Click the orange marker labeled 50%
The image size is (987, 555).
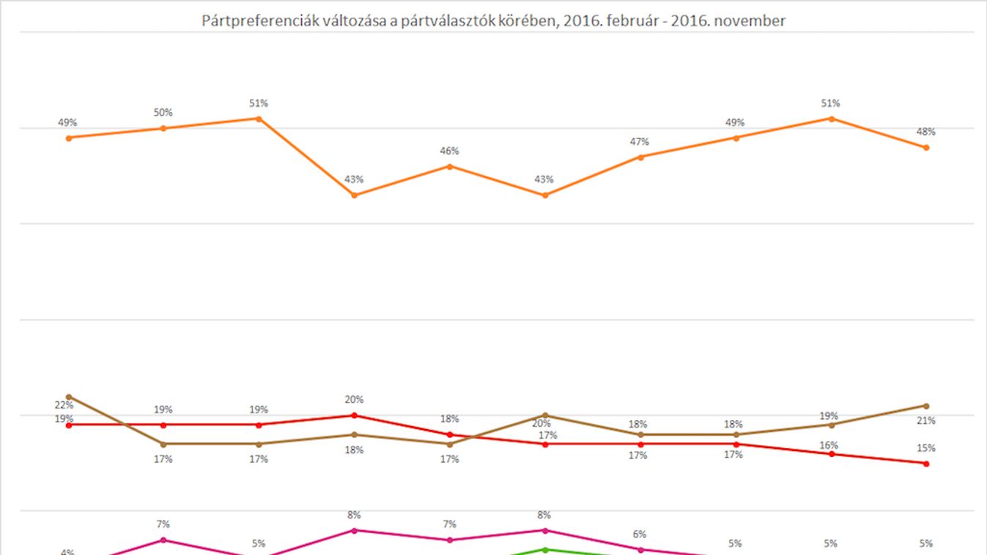coord(163,128)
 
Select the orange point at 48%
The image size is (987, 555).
coord(926,147)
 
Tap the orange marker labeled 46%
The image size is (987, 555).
coord(450,166)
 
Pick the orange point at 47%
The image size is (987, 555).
coord(640,157)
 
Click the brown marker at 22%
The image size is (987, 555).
coord(69,396)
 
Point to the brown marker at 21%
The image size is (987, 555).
coord(926,406)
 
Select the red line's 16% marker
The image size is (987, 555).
coord(831,454)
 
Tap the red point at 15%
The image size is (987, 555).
coord(926,463)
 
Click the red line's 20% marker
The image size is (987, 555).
coord(355,415)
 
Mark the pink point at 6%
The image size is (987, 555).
coord(640,549)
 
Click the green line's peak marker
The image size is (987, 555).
coord(545,549)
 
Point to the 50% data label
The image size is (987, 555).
coord(163,113)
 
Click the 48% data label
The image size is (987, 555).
coord(926,132)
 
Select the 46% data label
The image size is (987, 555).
coord(450,151)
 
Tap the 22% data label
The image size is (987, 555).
coord(64,405)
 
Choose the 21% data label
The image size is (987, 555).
coord(926,420)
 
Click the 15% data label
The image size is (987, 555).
coord(926,448)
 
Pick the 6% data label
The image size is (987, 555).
coord(640,534)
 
